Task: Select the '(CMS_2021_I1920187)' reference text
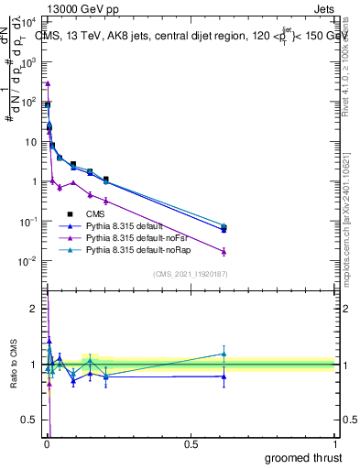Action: pyautogui.click(x=190, y=273)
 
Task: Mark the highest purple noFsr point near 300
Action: pyautogui.click(x=48, y=83)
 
